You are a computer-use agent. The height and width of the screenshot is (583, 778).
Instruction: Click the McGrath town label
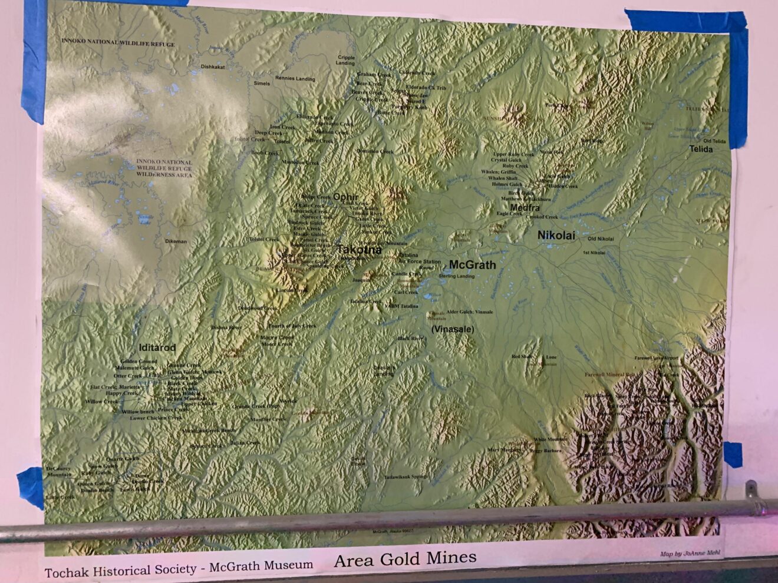point(472,264)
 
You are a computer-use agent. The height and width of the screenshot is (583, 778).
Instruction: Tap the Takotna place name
point(359,250)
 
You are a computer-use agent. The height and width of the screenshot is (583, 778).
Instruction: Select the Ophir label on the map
point(345,196)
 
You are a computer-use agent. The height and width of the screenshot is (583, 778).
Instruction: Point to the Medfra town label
point(525,208)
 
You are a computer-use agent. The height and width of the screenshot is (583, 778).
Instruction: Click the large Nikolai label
point(556,236)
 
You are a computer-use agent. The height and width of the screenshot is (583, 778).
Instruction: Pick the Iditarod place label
point(157,347)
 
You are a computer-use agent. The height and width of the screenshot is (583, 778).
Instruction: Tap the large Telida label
point(701,149)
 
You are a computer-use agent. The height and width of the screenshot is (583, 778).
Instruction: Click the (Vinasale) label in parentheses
point(452,329)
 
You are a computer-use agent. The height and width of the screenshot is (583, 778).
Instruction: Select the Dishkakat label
point(213,67)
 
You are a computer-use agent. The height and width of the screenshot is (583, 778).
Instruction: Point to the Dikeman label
point(176,241)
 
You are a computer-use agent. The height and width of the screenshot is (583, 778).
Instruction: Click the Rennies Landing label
point(295,79)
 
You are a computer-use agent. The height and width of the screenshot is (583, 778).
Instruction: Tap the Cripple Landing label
point(346,61)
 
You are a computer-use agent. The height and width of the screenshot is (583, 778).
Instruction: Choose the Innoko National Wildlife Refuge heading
point(118,44)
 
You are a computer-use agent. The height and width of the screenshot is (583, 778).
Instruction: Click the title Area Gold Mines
point(405,559)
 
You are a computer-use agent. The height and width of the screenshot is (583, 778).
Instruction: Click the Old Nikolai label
point(600,239)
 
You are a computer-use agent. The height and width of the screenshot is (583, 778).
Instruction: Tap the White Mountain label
point(550,439)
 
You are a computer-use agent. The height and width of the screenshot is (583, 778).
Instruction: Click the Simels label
point(262,84)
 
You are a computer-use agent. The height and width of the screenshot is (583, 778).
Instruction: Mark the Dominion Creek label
point(375,151)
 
